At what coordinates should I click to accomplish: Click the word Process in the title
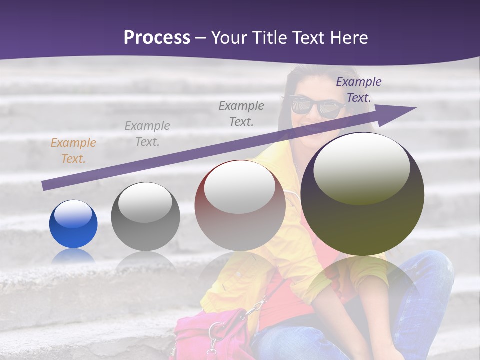157,38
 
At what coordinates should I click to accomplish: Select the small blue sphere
73,224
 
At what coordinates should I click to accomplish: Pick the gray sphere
145,216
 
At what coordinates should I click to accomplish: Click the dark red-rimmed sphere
240,205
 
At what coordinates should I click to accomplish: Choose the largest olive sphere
362,194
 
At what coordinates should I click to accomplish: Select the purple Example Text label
358,90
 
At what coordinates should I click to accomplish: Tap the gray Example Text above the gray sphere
147,134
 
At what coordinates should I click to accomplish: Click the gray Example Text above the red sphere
241,113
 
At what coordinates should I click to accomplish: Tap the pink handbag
210,335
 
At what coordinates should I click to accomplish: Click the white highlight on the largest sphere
361,167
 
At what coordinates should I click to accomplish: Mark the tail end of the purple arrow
45,186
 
